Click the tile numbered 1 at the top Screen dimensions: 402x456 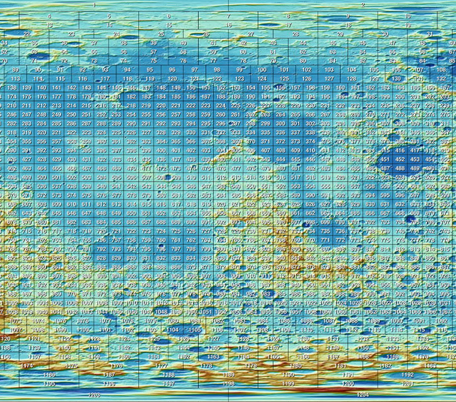coord(94,5)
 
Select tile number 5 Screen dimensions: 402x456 coord(109,16)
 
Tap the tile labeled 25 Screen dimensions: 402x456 coord(161,34)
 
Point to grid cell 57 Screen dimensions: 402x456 coord(154,52)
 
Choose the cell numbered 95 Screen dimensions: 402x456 coord(149,70)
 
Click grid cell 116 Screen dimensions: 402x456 coord(82,79)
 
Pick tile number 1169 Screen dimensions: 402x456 coord(392,356)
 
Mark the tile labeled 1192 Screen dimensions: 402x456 coord(407,375)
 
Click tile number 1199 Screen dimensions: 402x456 coord(288,384)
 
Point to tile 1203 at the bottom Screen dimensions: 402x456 coord(94,395)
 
